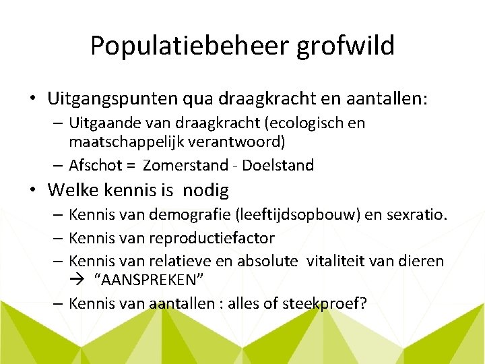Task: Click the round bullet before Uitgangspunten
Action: pyautogui.click(x=33, y=99)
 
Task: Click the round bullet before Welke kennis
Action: pyautogui.click(x=33, y=190)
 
